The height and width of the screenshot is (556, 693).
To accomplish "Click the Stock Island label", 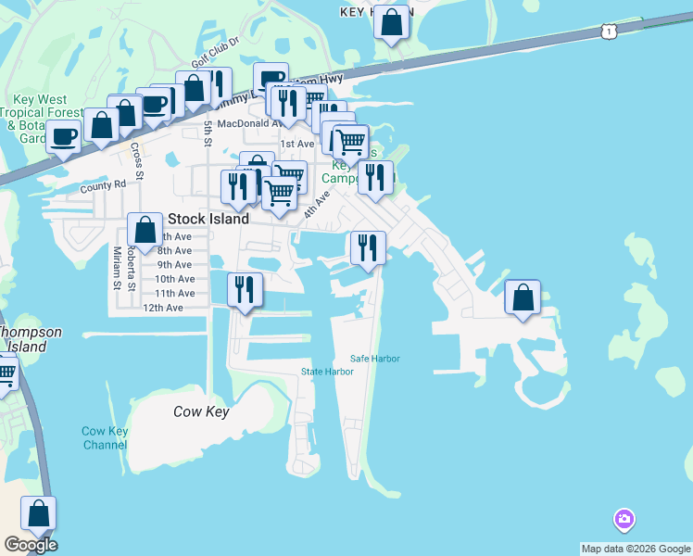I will [208, 220].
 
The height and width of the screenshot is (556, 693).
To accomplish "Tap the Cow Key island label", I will [200, 411].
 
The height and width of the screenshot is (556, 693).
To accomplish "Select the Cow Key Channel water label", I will [105, 437].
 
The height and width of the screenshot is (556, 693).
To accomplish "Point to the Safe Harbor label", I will [375, 359].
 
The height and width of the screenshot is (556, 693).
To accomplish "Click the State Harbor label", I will [327, 372].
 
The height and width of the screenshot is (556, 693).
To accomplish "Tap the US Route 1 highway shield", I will [609, 32].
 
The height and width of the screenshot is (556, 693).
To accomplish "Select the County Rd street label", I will [102, 185].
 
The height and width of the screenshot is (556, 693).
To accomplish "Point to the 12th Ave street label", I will [163, 308].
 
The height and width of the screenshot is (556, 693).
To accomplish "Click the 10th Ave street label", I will [174, 279].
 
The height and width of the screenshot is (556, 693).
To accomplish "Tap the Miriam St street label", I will [118, 269].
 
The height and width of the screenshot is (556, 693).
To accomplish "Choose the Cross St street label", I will [136, 161].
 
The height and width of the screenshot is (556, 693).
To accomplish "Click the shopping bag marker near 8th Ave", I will [145, 229].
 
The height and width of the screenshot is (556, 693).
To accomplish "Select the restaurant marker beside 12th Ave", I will [245, 289].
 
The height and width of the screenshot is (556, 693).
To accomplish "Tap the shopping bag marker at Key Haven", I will [392, 21].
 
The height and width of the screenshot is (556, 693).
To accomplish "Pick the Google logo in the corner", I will [31, 545].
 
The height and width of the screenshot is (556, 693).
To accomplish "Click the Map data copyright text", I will [636, 549].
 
